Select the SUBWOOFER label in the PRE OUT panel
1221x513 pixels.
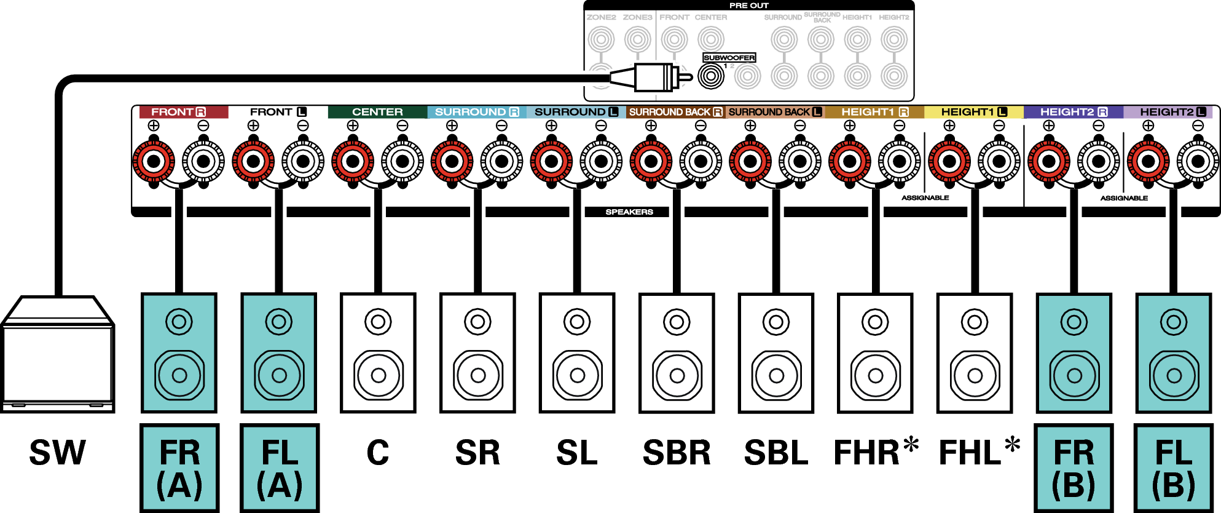pos(729,58)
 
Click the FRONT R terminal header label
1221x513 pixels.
pos(178,112)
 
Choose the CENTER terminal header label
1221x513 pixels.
pos(377,112)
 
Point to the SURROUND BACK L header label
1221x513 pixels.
pos(775,112)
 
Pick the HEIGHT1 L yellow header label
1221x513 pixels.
pos(974,112)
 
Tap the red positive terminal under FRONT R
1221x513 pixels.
pos(154,162)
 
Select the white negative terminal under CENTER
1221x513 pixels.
pos(402,162)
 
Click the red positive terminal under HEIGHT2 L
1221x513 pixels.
pos(1148,162)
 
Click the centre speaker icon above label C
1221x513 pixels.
pos(378,353)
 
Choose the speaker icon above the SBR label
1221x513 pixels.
pos(677,353)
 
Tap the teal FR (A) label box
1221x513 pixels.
pos(179,468)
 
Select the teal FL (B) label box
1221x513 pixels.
pos(1173,468)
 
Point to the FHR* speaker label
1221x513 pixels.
pos(875,453)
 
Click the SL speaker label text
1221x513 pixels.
pos(576,453)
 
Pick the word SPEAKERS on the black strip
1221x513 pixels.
pos(629,212)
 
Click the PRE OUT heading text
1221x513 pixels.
pos(748,6)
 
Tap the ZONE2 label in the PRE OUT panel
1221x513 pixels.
pos(601,17)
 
